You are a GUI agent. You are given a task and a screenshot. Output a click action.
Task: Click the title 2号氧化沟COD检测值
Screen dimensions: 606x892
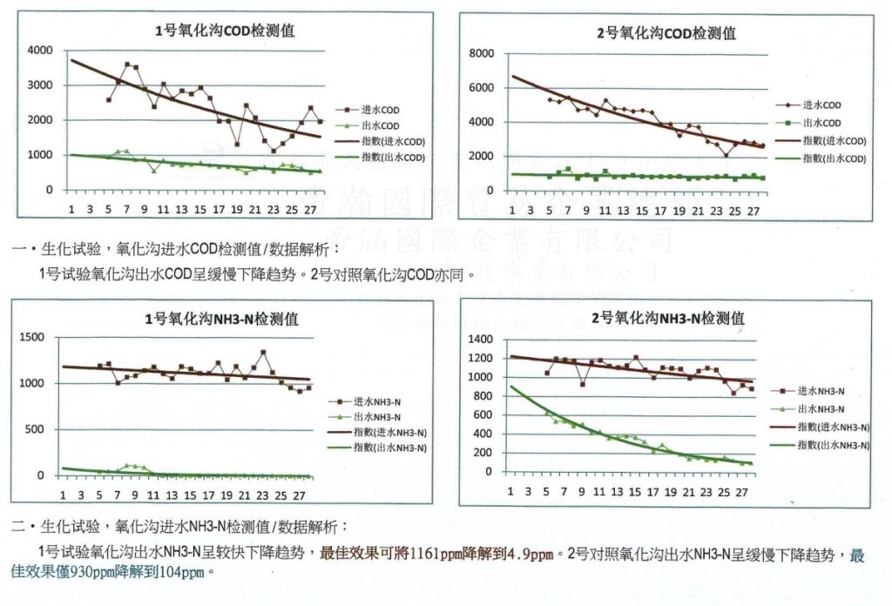click(x=667, y=33)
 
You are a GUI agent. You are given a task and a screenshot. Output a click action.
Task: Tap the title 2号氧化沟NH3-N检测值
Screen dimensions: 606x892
click(x=668, y=318)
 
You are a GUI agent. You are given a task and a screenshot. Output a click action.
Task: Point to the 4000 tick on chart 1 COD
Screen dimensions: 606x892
click(x=40, y=50)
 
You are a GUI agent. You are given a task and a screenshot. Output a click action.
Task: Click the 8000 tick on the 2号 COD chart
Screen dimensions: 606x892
click(x=481, y=54)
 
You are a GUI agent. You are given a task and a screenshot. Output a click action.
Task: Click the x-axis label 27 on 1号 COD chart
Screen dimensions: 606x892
click(x=310, y=209)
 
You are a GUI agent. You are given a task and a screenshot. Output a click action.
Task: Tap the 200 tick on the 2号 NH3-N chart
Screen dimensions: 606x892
click(x=485, y=452)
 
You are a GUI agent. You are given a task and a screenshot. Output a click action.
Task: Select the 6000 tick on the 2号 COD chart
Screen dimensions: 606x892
click(x=481, y=88)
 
